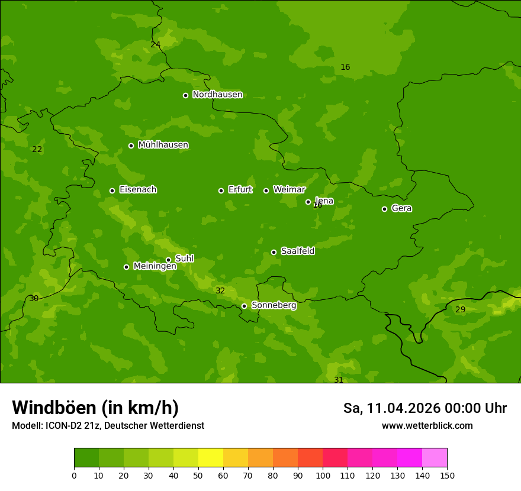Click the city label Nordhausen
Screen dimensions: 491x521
tap(217, 95)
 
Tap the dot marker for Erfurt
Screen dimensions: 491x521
tap(221, 190)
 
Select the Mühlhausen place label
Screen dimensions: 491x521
tap(163, 145)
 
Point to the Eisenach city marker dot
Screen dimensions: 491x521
tap(112, 190)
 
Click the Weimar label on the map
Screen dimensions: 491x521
tap(289, 190)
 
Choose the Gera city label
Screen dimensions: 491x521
tap(401, 208)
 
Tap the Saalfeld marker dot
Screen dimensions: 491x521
tap(274, 252)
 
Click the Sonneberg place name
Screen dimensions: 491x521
tap(274, 305)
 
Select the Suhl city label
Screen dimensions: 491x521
tap(184, 259)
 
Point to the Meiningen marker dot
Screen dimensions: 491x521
tap(126, 267)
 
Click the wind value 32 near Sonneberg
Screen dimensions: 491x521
tap(220, 290)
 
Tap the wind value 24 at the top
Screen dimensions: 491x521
tap(155, 44)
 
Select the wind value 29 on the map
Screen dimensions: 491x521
tap(460, 309)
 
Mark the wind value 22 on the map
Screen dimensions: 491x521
tap(37, 149)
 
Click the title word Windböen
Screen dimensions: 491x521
tap(54, 408)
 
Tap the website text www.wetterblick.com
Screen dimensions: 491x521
tap(427, 425)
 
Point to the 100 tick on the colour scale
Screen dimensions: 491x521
tap(323, 475)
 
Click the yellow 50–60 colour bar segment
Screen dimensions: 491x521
tap(211, 458)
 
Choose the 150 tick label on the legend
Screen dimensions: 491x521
tap(446, 475)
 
